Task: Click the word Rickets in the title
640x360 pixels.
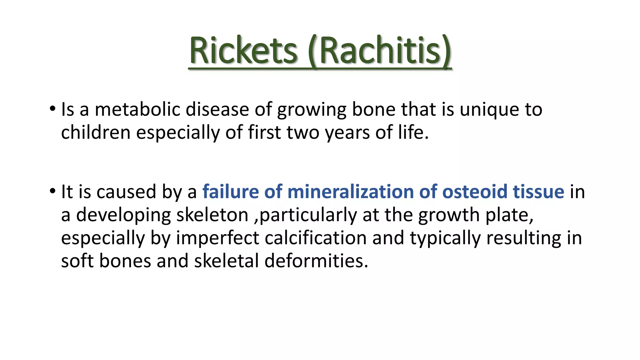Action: [x=243, y=51]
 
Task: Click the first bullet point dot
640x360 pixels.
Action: [x=52, y=109]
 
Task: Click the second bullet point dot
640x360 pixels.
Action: [x=52, y=191]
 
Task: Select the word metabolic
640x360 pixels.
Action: [x=137, y=110]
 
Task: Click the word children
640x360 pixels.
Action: [x=95, y=132]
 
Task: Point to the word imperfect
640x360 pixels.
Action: [x=217, y=238]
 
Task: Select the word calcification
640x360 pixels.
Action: [x=316, y=238]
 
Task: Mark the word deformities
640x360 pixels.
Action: [x=316, y=261]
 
